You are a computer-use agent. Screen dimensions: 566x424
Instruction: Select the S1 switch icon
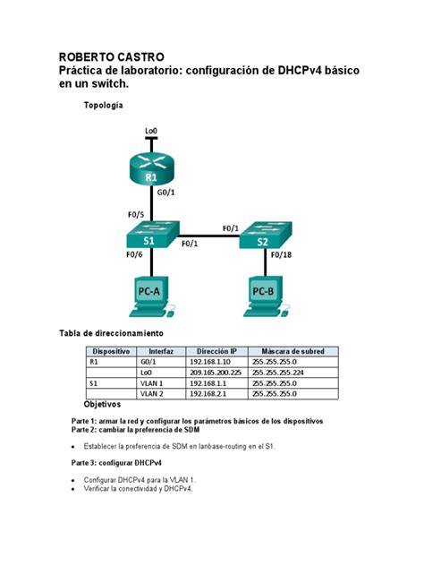click(x=149, y=238)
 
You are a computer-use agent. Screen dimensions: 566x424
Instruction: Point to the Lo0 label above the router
click(x=151, y=132)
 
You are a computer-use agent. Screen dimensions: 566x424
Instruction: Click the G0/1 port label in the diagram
click(x=165, y=192)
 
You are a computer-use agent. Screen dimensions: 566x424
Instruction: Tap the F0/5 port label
click(x=136, y=215)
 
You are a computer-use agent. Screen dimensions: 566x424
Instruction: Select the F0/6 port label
click(x=135, y=255)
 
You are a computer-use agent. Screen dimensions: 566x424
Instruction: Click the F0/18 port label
click(x=281, y=255)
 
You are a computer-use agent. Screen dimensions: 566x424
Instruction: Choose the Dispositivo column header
click(x=112, y=351)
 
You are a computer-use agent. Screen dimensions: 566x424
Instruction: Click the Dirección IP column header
click(x=216, y=351)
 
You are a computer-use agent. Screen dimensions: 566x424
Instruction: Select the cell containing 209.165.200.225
click(x=216, y=373)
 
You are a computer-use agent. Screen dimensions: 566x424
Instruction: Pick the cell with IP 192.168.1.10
click(x=211, y=362)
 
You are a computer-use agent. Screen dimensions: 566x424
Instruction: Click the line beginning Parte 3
click(x=116, y=462)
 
